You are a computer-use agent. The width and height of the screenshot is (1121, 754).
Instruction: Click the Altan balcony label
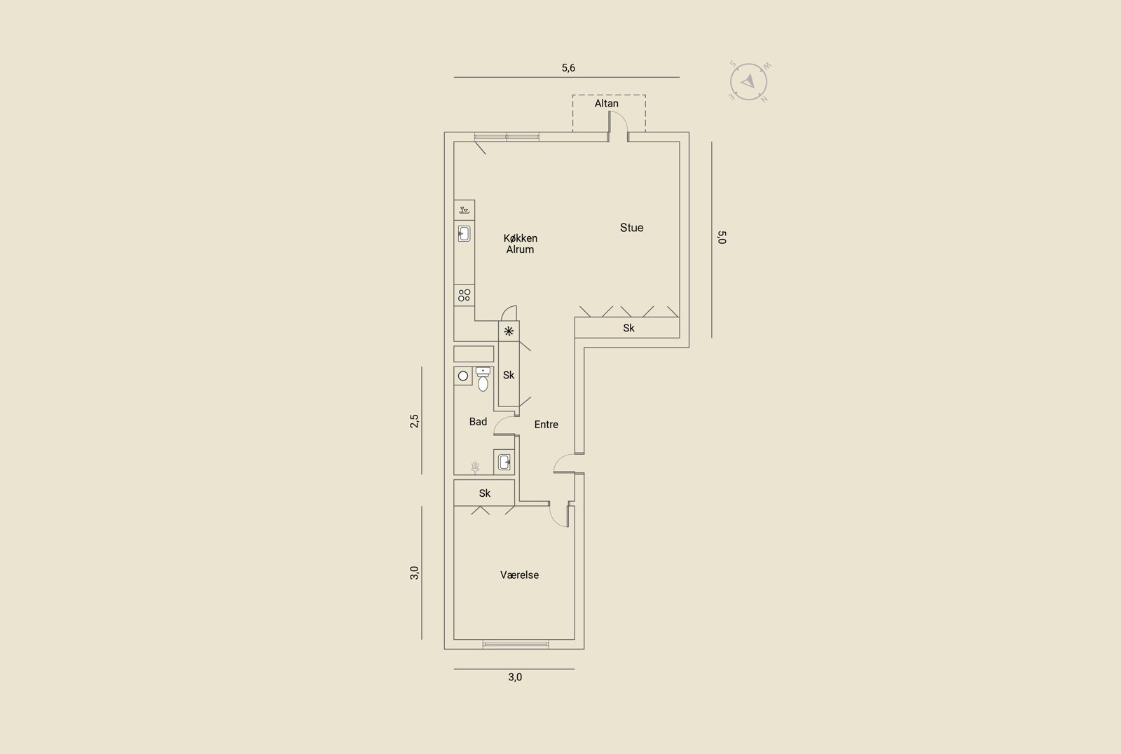[x=606, y=104]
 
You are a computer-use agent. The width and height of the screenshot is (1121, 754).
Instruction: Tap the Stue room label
[x=631, y=228]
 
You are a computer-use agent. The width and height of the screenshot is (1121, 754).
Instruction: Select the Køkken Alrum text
[x=520, y=244]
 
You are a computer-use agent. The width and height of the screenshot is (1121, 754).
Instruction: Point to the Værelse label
[x=519, y=575]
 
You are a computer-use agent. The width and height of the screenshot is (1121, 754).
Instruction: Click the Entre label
[x=546, y=425]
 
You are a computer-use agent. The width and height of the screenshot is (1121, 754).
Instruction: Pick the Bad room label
[x=478, y=422]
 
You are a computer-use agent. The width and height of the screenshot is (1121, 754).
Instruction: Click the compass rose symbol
[x=749, y=81]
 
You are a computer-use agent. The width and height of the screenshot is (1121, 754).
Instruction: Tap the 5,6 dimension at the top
[x=568, y=67]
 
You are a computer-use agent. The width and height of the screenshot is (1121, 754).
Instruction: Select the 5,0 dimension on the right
[x=722, y=238]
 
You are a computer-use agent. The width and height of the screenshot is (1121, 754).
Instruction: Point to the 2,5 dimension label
[x=414, y=421]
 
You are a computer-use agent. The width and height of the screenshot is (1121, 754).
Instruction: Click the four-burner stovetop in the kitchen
[x=465, y=296]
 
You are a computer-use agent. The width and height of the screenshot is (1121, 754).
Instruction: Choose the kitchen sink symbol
[x=464, y=234]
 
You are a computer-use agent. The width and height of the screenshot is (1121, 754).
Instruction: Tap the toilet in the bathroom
[x=483, y=379]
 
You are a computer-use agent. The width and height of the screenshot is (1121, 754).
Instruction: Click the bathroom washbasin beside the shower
[x=504, y=462]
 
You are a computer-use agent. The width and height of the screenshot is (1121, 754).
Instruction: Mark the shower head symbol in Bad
[x=475, y=467]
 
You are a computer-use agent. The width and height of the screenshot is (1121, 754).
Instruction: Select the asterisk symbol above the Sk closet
[x=509, y=331]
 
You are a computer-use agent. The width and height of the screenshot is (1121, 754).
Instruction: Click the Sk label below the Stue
[x=628, y=328]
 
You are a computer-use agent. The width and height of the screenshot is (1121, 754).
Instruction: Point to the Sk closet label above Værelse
[x=484, y=493]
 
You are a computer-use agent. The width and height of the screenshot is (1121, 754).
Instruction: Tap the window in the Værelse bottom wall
[x=516, y=645]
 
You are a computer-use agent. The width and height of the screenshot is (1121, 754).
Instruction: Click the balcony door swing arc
[x=623, y=118]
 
